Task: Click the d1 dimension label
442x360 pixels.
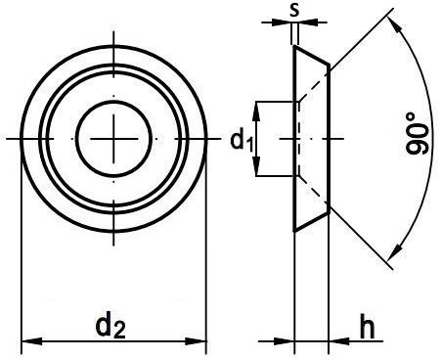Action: pos(242,141)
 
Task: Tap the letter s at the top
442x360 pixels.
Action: pos(294,10)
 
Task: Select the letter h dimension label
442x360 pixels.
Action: pos(367,326)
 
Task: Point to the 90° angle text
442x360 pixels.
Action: pos(417,134)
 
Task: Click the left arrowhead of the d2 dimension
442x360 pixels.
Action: pos(31,341)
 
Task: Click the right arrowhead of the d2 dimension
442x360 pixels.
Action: pos(196,341)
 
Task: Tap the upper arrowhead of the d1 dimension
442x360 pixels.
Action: pos(256,112)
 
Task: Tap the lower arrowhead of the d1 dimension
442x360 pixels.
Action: pos(256,165)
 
